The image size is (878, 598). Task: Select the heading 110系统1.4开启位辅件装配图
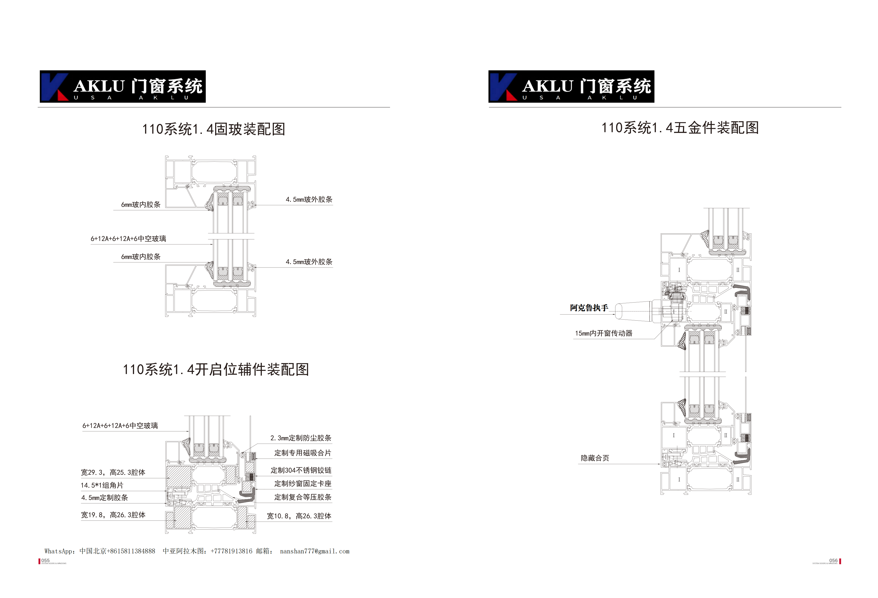pyautogui.click(x=216, y=369)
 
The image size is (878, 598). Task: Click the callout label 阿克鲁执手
pyautogui.click(x=589, y=308)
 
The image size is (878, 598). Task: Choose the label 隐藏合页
pyautogui.click(x=595, y=458)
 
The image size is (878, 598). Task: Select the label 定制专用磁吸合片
pyautogui.click(x=303, y=453)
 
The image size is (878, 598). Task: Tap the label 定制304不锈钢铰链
pyautogui.click(x=301, y=470)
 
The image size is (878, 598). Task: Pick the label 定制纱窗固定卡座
pyautogui.click(x=303, y=484)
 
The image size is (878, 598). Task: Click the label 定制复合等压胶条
pyautogui.click(x=303, y=497)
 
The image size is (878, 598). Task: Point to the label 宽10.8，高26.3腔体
pyautogui.click(x=299, y=516)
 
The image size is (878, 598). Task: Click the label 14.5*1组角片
pyautogui.click(x=102, y=485)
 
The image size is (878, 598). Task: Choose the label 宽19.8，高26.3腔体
pyautogui.click(x=113, y=515)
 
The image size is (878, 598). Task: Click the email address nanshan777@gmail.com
pyautogui.click(x=314, y=551)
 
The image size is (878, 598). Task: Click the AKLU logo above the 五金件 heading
pyautogui.click(x=571, y=86)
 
